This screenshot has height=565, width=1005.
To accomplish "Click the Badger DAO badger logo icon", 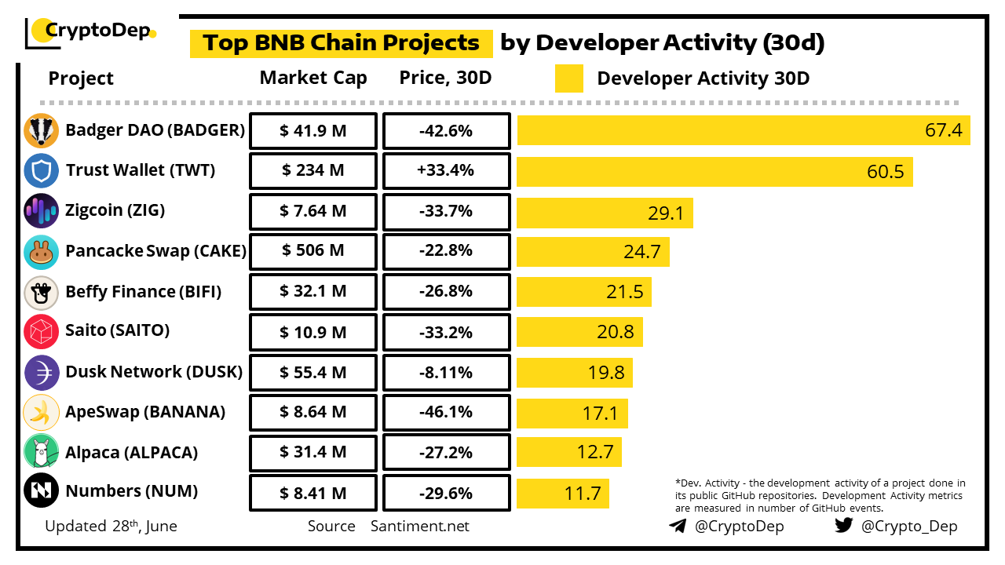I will pos(41,130).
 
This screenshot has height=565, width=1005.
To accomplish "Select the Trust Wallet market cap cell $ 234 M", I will pos(312,170).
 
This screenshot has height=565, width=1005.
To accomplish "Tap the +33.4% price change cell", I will pos(446,170).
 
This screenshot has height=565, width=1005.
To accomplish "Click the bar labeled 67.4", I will pos(743,130).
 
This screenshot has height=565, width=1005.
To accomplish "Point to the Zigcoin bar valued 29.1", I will pos(605,213).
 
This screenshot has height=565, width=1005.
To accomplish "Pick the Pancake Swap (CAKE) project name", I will pos(155,251).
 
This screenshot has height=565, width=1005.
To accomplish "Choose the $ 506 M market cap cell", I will pos(312,251).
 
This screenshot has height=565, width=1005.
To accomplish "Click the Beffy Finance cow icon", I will pos(41,292).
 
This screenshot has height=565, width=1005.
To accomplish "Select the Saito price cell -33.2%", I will pos(446,332).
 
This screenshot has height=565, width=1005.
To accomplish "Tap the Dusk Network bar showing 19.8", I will pos(575,373).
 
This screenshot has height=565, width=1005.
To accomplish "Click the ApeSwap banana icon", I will pos(41,412).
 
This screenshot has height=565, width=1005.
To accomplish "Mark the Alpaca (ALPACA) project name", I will pos(131,453).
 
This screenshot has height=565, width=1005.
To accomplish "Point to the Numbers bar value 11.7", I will pos(582,494).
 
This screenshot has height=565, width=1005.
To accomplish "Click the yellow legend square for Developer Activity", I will pos(568,78).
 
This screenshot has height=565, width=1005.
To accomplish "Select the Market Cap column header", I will pos(312,78).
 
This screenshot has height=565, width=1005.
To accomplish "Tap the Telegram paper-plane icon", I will pos(677,526).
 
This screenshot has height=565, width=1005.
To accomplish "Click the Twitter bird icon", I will pos(844,526).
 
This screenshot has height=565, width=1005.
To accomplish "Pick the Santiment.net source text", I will pos(420,527).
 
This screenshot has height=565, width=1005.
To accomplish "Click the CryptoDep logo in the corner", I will pos(90,32).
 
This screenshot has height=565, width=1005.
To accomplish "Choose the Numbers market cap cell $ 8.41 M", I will pos(312,493).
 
